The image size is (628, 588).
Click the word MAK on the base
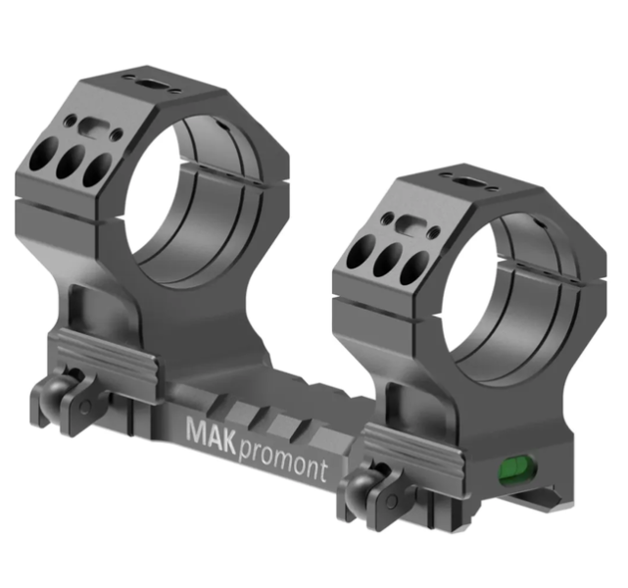tap(211, 434)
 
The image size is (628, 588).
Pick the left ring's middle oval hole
tap(71, 162)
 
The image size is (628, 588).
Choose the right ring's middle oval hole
tap(387, 259)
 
